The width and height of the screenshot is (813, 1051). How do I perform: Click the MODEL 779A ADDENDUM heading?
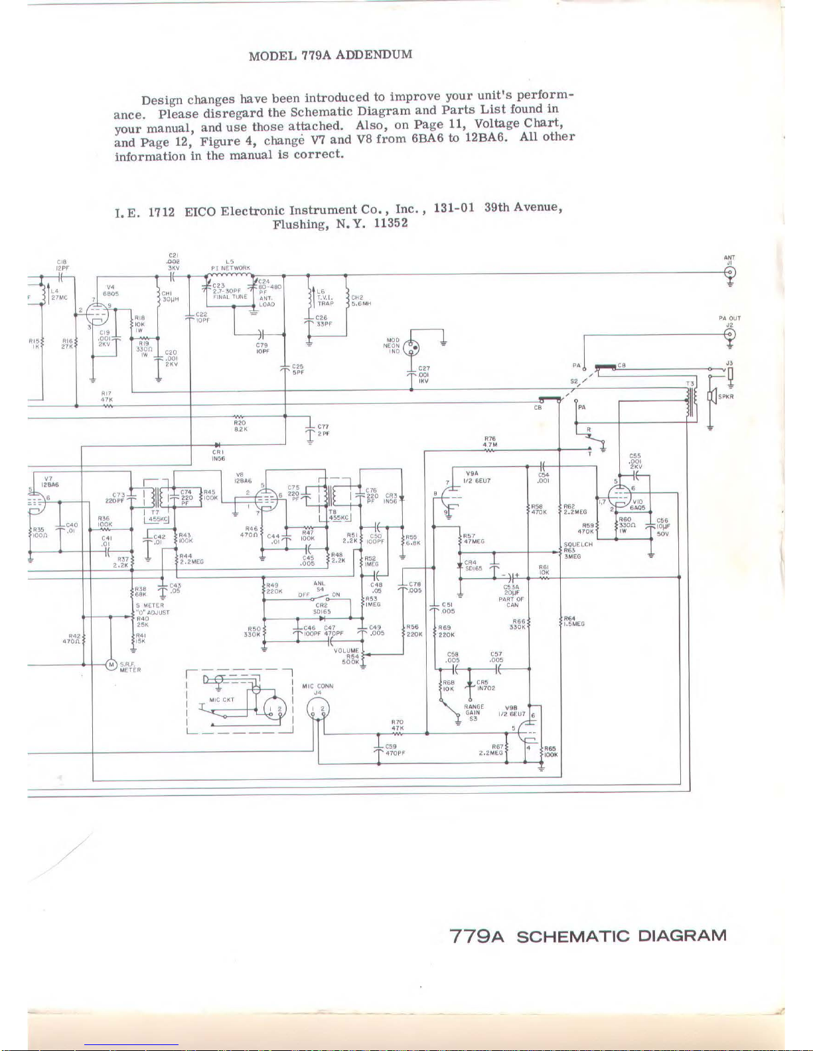click(x=330, y=55)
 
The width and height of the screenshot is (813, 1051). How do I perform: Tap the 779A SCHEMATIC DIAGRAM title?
click(x=588, y=936)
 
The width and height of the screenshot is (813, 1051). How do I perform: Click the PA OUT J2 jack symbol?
click(x=729, y=334)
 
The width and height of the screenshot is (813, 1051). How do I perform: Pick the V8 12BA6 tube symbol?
click(x=267, y=502)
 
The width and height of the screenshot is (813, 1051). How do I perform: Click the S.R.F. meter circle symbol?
click(x=111, y=665)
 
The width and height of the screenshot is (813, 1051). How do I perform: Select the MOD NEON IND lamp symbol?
click(x=411, y=345)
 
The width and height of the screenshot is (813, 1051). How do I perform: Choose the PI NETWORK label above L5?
click(x=230, y=269)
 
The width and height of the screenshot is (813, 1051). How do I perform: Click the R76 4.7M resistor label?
click(x=490, y=442)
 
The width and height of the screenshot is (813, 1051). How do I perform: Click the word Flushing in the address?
click(x=301, y=224)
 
